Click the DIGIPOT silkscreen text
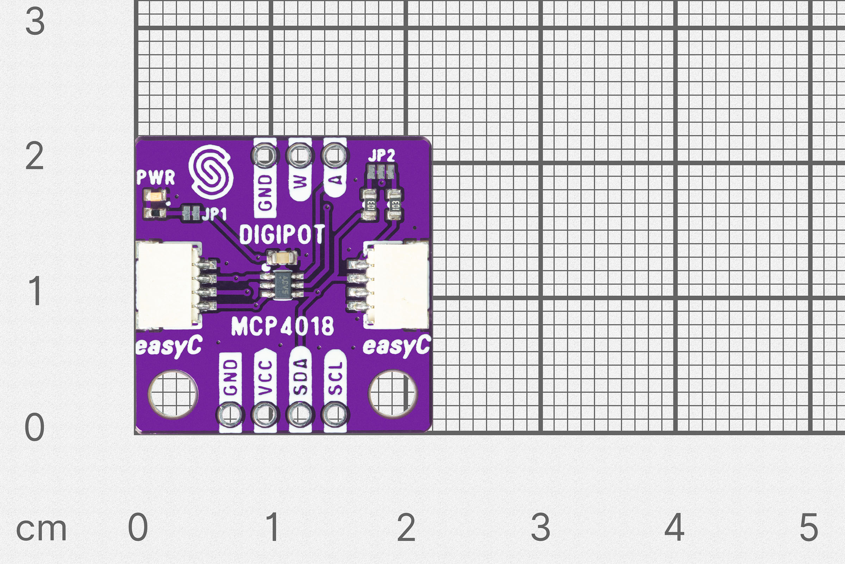pos(282,234)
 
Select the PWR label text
pos(156,177)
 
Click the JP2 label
pos(381,156)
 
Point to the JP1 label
pos(214,214)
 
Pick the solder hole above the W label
pos(300,155)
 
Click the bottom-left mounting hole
pos(173,394)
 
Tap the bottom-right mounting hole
pos(393,394)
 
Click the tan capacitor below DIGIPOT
pos(282,258)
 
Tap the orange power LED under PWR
pos(155,197)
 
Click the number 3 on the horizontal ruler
pos(540,527)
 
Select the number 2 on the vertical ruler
pos(35,156)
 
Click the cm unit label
pos(41,529)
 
